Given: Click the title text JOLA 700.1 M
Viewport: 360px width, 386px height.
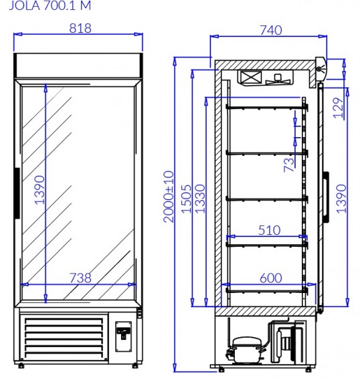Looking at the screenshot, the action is (x=50, y=5).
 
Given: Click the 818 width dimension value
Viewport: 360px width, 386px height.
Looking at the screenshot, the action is (x=80, y=28).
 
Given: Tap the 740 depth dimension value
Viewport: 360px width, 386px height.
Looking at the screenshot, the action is (x=271, y=30).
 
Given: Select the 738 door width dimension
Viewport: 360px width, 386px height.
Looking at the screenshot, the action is (x=80, y=278).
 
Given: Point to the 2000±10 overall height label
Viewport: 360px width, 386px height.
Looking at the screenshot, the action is (x=169, y=197).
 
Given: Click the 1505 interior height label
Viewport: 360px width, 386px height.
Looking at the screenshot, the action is (x=186, y=199).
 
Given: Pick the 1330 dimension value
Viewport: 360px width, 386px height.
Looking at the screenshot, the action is (x=200, y=199).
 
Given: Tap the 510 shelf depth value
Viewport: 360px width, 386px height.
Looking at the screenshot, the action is (x=270, y=230).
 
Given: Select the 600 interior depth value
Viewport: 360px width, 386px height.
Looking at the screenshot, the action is (x=271, y=278).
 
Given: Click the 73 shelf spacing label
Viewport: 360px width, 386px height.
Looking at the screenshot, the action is (x=289, y=165).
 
